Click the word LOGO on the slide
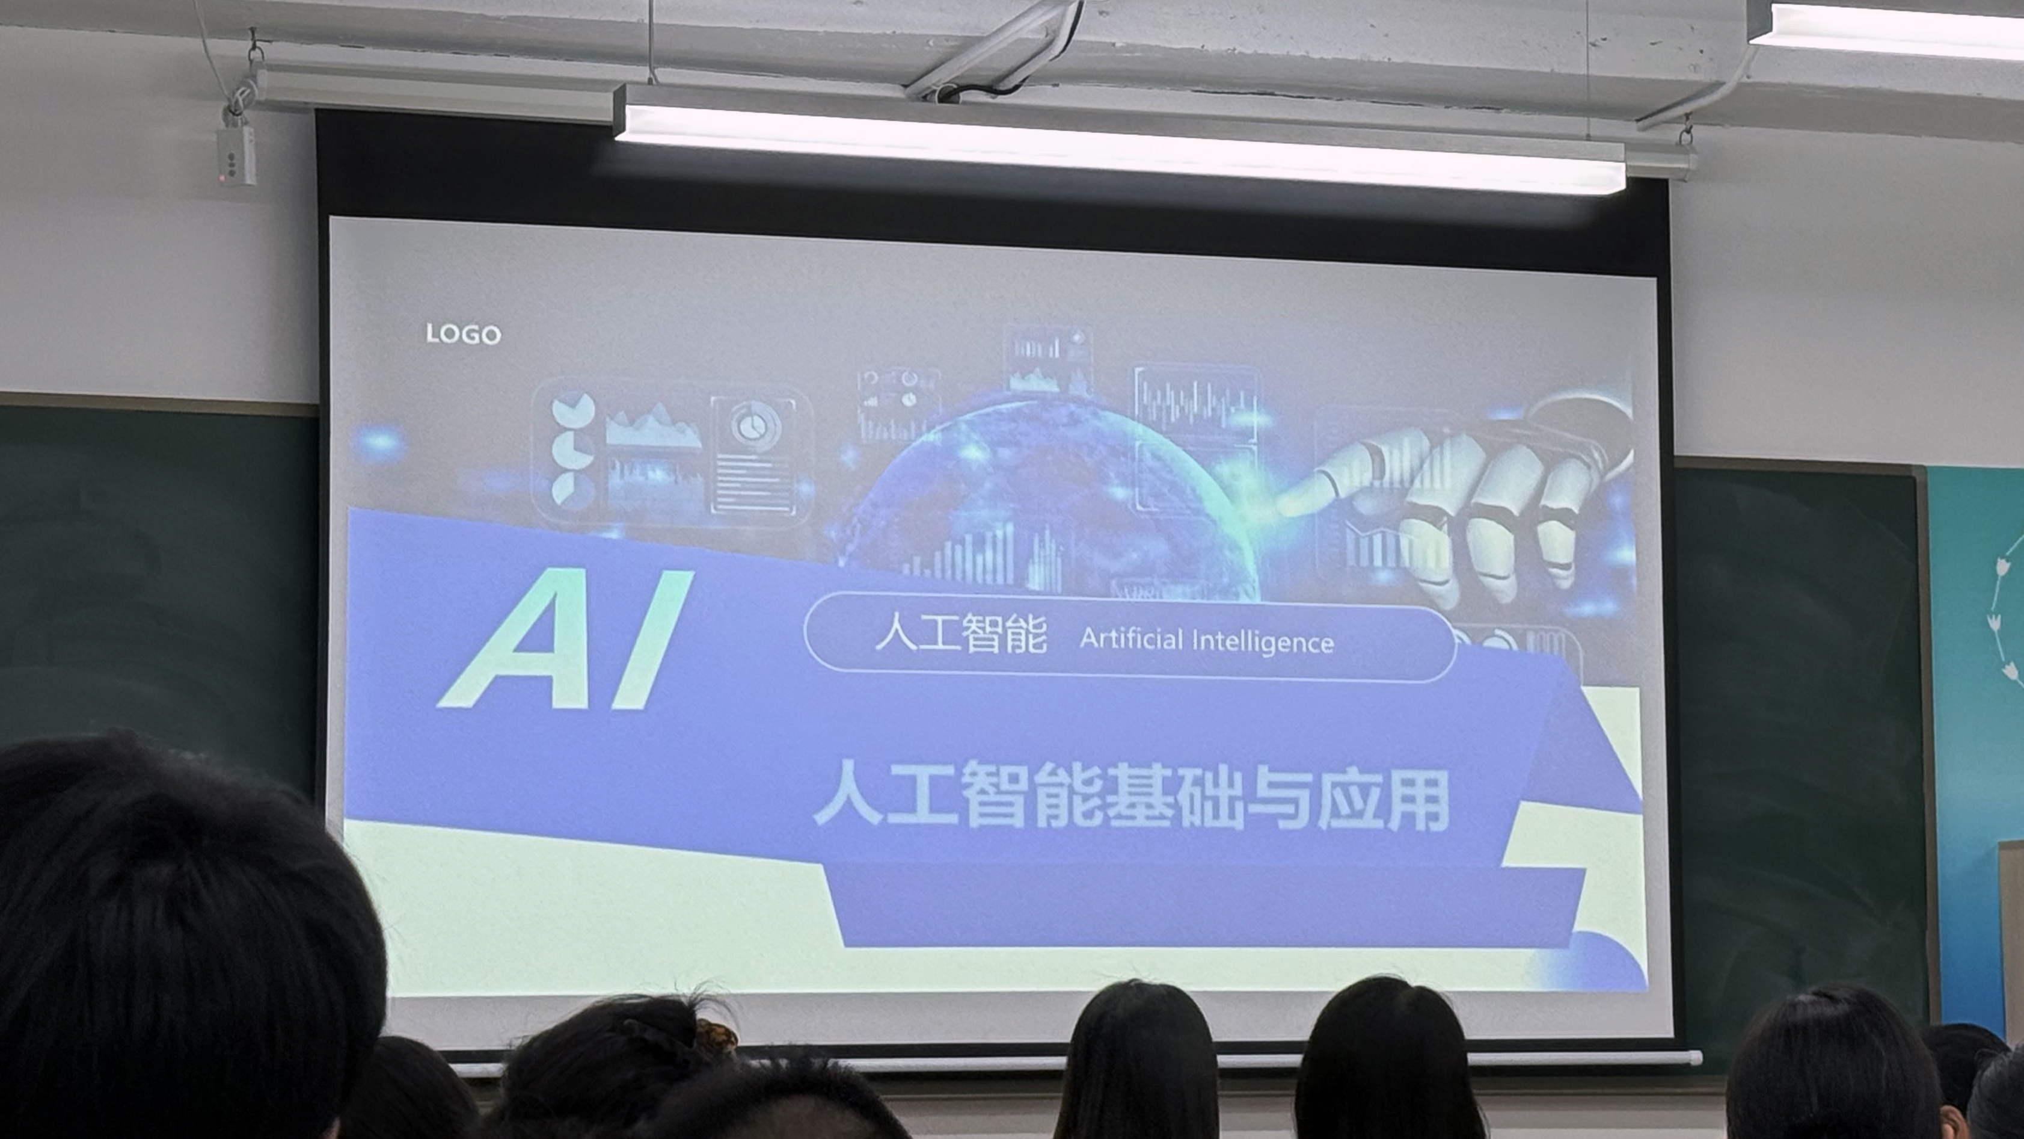[x=463, y=334]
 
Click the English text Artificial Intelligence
[x=1207, y=641]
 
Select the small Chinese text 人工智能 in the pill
[x=961, y=635]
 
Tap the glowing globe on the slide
[x=1045, y=503]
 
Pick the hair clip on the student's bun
[x=716, y=1036]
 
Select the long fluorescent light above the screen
[x=1120, y=138]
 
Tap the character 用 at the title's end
[x=1415, y=800]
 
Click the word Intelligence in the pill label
[x=1263, y=642]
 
